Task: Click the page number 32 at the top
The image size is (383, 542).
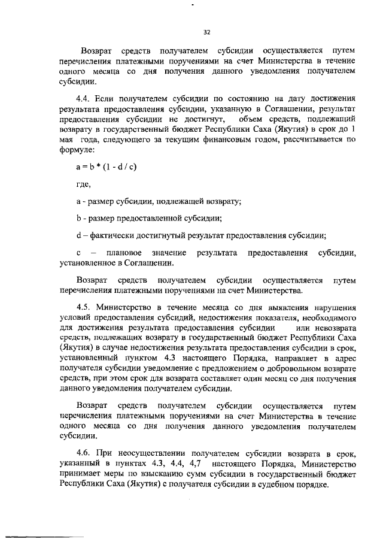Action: tap(207, 32)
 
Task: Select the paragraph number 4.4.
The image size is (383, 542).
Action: tap(84, 97)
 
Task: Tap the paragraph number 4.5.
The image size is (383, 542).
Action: tap(84, 306)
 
